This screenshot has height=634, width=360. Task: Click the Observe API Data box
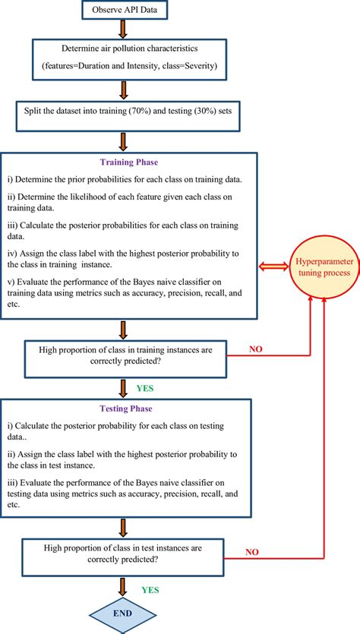coord(124,10)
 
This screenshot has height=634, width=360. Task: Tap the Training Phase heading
coord(128,162)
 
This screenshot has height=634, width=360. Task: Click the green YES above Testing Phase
coord(144,387)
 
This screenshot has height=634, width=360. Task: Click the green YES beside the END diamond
coord(151,588)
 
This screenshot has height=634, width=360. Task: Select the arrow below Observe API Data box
coord(124,29)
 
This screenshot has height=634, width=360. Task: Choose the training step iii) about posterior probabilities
coord(122,231)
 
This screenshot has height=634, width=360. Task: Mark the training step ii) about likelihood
coord(122,201)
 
